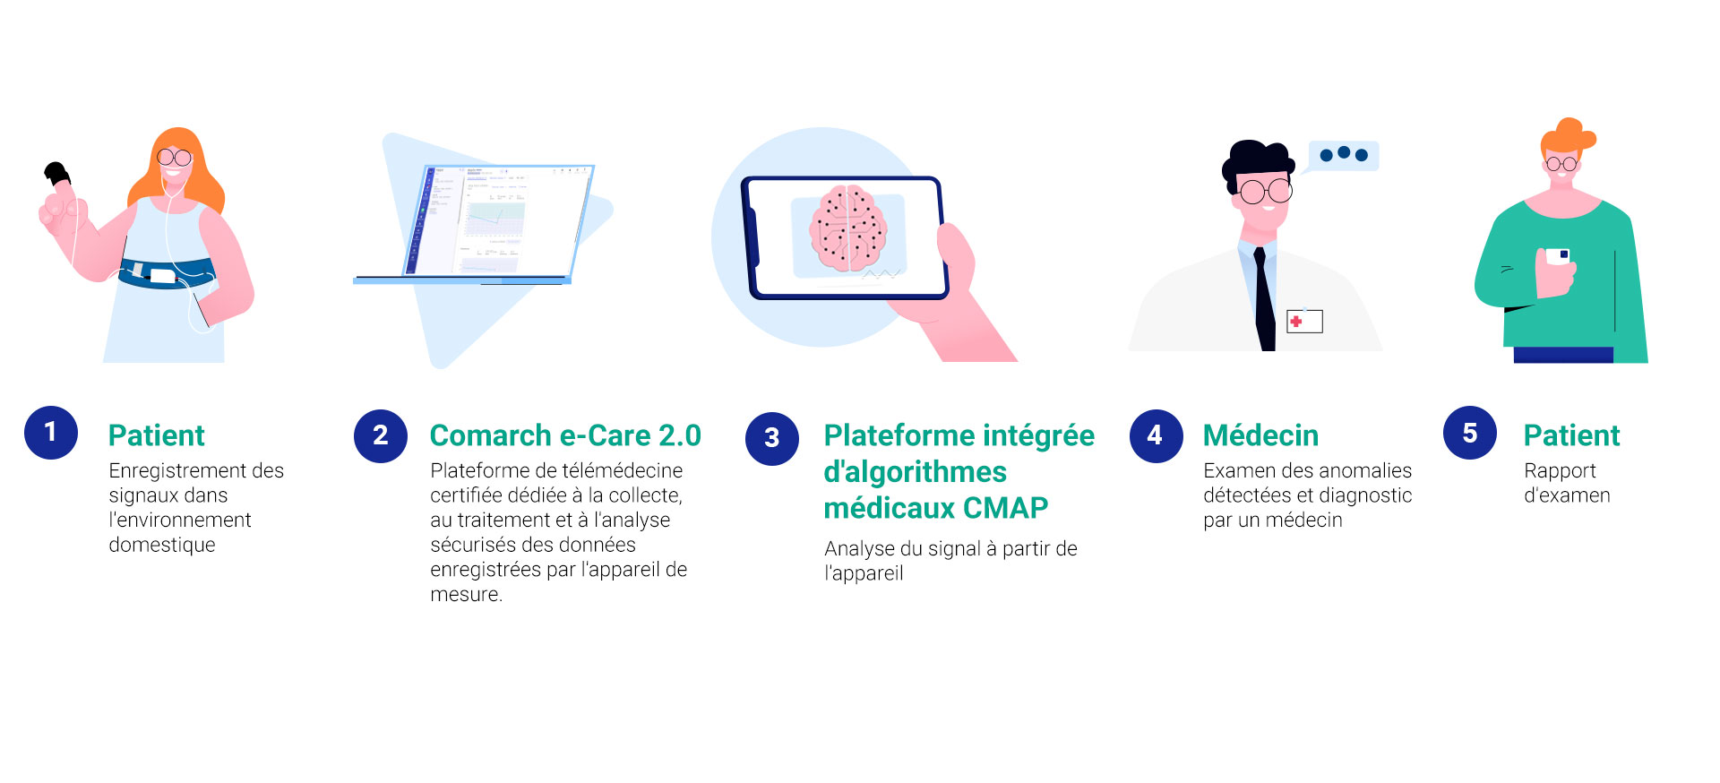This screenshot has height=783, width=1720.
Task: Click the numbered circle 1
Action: (51, 433)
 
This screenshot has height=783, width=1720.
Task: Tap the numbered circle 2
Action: (381, 436)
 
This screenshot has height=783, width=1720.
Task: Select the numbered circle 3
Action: (772, 439)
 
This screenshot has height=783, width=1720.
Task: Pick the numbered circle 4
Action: (1156, 436)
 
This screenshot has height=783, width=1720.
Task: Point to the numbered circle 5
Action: (1470, 433)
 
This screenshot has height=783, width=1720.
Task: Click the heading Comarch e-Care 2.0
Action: (565, 435)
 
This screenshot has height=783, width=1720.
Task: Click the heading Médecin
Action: (1260, 435)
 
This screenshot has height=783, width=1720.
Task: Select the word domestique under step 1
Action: (162, 545)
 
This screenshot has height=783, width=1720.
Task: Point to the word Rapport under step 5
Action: (1560, 471)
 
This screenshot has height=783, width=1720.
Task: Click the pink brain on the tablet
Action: (848, 228)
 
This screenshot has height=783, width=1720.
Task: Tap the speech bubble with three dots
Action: (1343, 156)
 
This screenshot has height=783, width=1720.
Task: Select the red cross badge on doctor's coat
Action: (1304, 321)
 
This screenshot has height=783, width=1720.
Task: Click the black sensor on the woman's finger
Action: (57, 173)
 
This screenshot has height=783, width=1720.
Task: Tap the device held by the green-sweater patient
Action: (1559, 256)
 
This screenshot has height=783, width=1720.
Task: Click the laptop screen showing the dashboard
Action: (500, 220)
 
